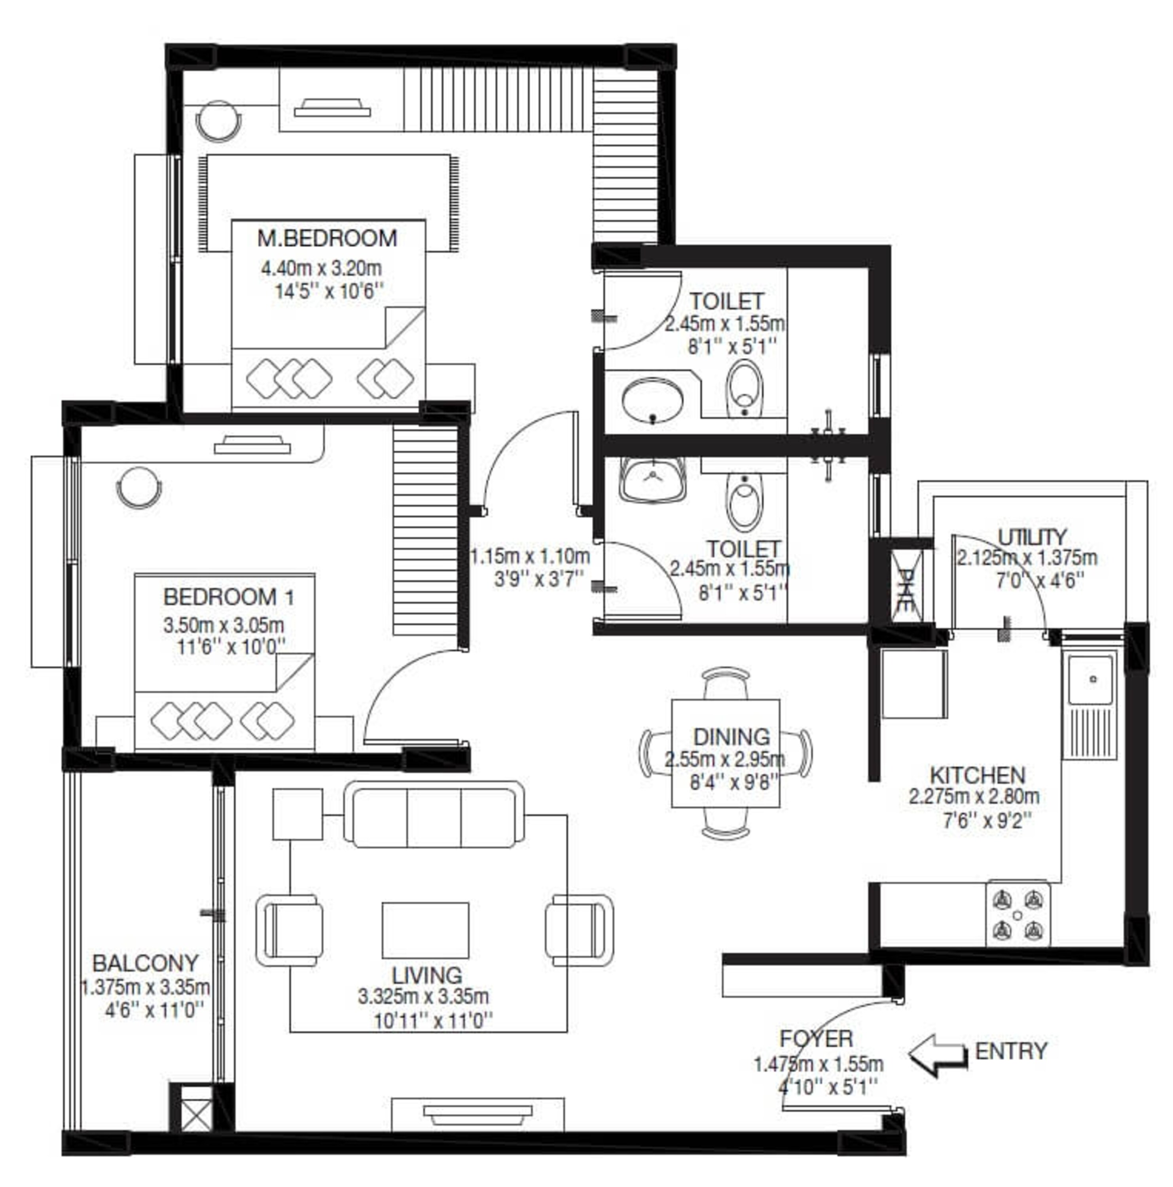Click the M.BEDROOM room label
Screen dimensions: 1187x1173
327,238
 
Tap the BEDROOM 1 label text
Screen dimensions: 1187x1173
229,597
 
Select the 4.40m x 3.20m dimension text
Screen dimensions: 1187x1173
321,269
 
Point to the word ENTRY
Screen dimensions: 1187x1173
1011,1051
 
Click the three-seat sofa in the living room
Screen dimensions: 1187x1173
434,815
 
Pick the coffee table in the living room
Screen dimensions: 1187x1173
425,929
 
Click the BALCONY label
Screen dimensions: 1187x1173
146,963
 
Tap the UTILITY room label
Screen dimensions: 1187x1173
1032,537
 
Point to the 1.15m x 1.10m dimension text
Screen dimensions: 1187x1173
530,557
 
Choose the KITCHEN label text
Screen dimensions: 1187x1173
977,775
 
